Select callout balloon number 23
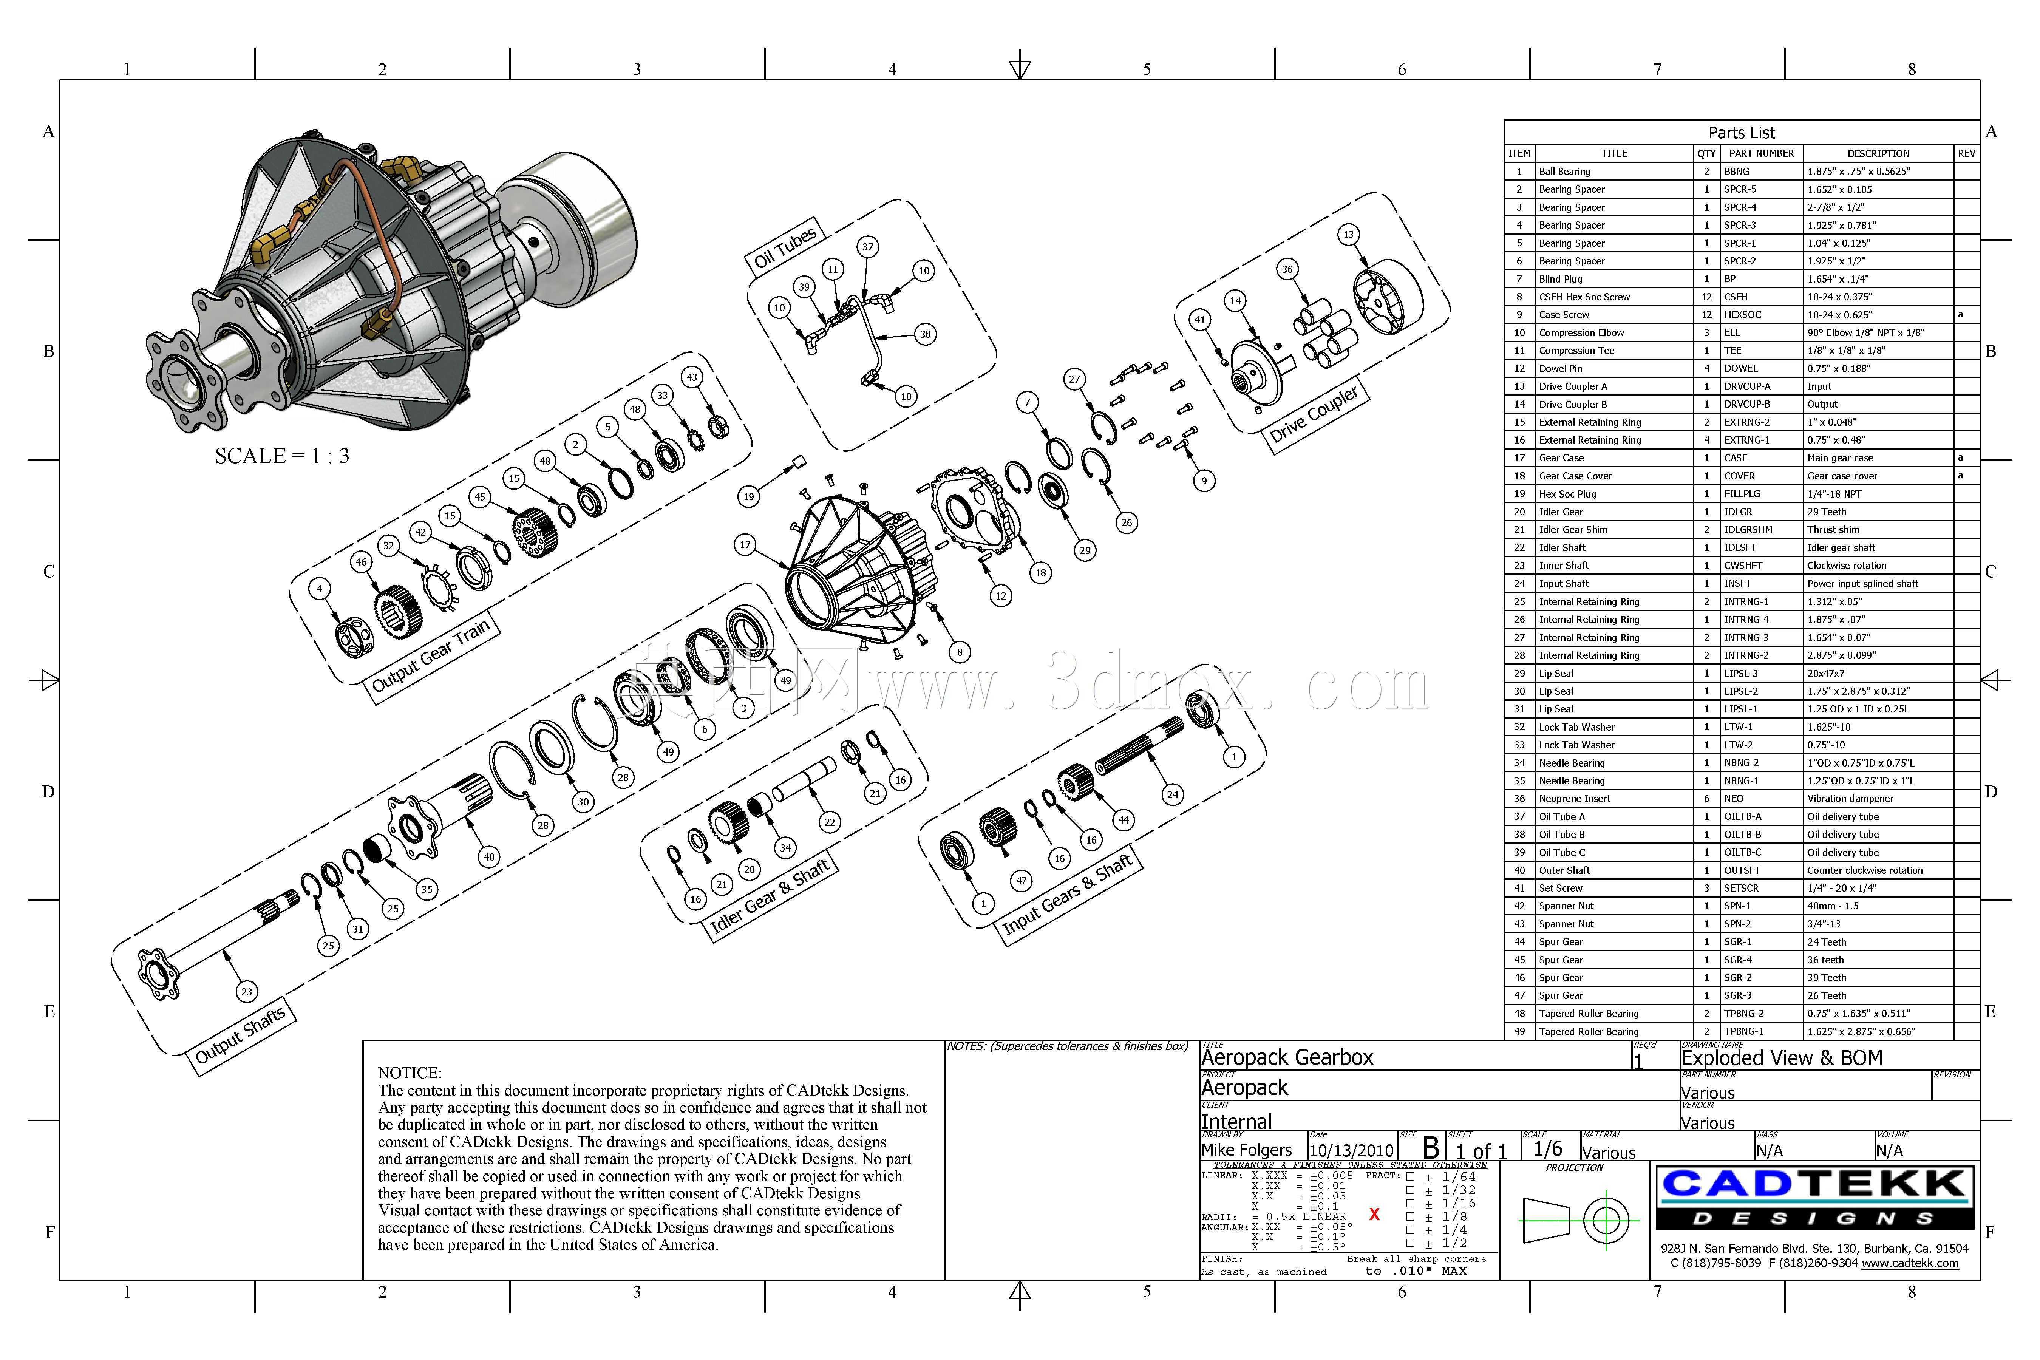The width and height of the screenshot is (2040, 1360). tap(247, 991)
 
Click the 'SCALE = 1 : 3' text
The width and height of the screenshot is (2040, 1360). tap(282, 456)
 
